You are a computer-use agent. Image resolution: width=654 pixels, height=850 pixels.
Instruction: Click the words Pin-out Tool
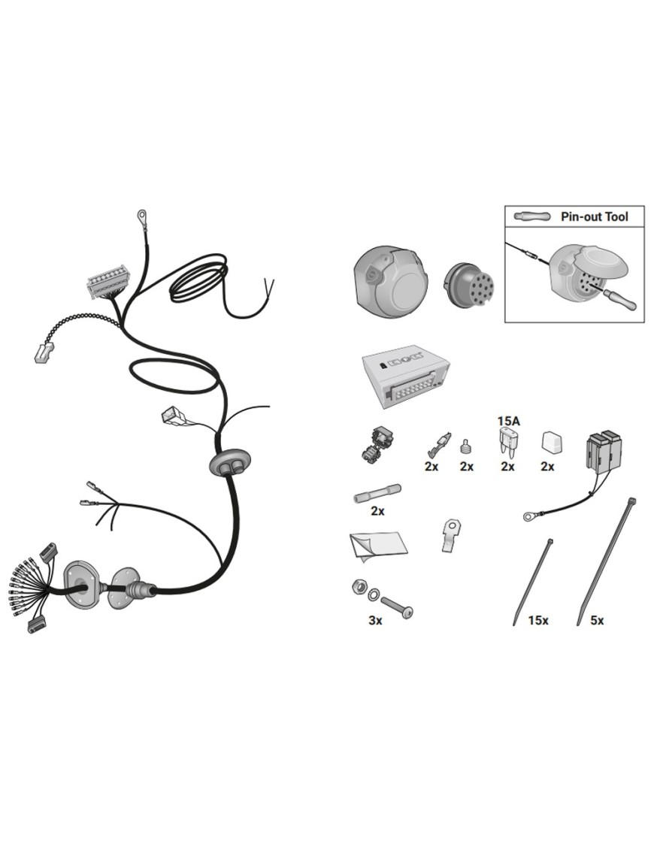594,217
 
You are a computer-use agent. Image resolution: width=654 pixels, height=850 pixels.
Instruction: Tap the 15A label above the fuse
508,420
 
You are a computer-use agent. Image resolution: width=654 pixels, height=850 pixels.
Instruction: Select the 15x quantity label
538,620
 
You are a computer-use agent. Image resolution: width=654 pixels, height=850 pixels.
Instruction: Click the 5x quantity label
597,620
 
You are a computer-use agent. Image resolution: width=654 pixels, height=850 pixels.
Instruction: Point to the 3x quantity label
375,620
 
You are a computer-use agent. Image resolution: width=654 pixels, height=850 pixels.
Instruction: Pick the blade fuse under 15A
507,442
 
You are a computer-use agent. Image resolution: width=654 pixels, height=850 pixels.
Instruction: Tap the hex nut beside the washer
358,586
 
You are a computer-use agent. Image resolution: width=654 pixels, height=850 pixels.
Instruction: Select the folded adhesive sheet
377,543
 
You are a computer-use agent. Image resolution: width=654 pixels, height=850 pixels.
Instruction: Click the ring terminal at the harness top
143,216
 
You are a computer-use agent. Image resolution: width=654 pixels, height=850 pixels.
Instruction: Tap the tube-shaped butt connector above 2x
377,495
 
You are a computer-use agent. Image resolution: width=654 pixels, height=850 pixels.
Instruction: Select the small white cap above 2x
552,443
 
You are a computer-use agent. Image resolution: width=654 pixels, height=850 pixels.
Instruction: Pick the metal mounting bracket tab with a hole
451,535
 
